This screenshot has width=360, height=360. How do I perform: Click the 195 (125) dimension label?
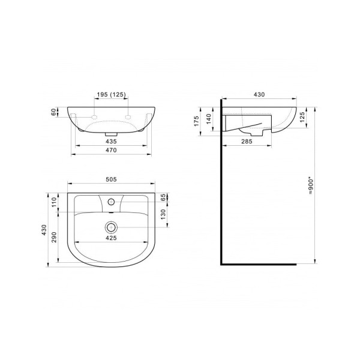112,95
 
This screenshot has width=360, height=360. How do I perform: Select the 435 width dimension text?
111,142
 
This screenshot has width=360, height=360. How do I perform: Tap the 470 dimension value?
111,150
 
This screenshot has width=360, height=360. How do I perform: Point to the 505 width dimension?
111,179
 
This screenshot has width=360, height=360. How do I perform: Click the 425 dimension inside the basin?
111,238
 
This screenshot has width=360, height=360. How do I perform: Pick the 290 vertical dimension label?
54,238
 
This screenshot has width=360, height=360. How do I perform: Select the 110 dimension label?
54,202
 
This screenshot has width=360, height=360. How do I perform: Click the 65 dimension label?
163,197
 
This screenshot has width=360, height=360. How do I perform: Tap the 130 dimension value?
163,214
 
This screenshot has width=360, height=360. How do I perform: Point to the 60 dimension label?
53,112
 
